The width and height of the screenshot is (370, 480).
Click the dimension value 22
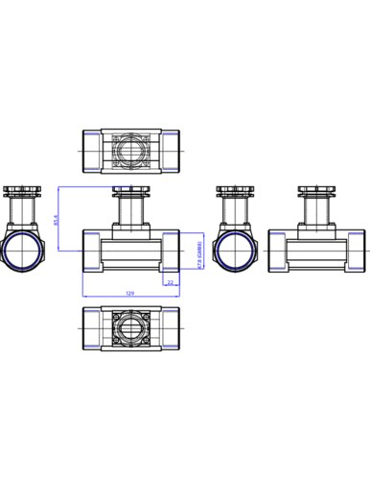[x=171, y=282]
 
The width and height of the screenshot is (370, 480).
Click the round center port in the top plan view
[x=130, y=150]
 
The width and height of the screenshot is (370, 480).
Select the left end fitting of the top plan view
[x=91, y=150]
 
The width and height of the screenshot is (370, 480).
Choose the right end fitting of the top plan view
[x=170, y=150]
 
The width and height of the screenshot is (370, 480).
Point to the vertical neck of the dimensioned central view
[x=130, y=211]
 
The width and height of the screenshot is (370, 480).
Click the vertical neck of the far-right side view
[x=316, y=211]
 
